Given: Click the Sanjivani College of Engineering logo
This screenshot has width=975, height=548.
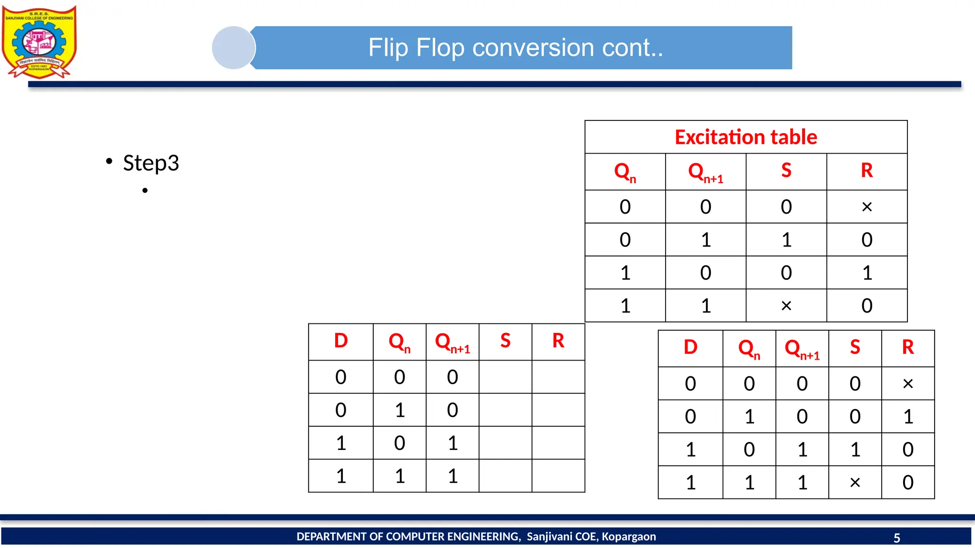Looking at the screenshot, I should (x=39, y=42).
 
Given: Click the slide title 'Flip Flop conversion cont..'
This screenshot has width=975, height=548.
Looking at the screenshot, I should (x=516, y=48).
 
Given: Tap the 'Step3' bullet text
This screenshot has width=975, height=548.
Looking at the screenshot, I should (x=151, y=163).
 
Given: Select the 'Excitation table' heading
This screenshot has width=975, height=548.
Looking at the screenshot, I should (x=746, y=137).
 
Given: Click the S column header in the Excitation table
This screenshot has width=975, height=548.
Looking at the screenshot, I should (x=786, y=171).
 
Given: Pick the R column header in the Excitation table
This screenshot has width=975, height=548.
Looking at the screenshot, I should (x=866, y=171).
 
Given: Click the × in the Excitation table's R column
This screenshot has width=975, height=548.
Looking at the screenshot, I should (x=866, y=207).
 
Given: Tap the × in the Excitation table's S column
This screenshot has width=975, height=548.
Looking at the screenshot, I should (x=786, y=306).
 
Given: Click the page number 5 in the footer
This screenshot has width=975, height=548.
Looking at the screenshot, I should (x=896, y=538).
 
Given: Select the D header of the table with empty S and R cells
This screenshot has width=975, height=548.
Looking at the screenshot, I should (x=341, y=341).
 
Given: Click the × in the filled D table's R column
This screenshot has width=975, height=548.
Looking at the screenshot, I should (x=907, y=384).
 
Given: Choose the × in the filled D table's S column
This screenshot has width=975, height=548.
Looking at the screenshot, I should (x=855, y=483).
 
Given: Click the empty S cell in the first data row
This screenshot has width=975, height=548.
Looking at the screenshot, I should (x=505, y=377).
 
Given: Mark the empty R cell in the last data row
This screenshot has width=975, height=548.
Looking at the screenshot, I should (x=558, y=476).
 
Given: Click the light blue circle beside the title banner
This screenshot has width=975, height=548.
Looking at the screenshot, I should (x=233, y=48).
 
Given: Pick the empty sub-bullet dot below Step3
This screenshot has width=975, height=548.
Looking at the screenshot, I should (x=145, y=191).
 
